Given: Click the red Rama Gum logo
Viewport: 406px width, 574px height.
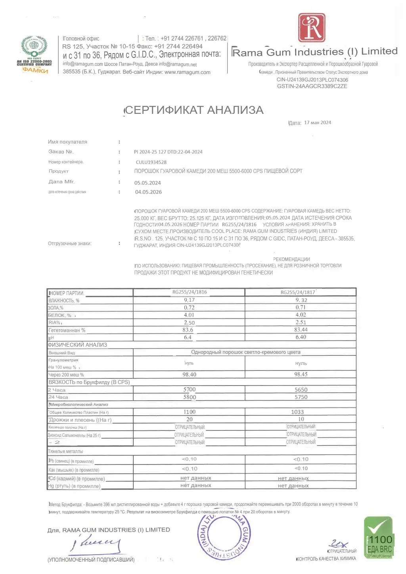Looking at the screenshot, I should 312,28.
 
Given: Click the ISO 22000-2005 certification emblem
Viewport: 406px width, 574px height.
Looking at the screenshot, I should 34,54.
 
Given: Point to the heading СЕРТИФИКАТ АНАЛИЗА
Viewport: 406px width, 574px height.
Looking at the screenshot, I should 194,110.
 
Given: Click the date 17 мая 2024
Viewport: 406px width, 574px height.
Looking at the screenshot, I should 318,123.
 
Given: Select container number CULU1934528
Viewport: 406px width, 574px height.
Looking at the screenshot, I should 151,162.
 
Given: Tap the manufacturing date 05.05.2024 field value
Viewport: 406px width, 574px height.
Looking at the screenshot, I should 147,183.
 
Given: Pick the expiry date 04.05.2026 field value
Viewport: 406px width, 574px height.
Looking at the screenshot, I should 148,192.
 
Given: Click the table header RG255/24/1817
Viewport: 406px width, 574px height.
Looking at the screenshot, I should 298,292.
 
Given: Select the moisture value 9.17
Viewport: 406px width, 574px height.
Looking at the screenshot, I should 189,300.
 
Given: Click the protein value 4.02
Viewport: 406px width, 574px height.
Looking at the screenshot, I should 301,315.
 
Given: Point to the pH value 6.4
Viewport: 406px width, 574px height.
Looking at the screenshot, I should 188,338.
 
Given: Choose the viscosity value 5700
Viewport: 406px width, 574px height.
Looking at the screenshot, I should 190,390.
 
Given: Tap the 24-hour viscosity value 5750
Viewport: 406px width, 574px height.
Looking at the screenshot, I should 301,397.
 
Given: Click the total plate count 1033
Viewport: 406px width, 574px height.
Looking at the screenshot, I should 297,412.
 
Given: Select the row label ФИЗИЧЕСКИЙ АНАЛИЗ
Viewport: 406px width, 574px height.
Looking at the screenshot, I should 77,345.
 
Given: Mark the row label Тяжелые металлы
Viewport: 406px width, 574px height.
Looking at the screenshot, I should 65,451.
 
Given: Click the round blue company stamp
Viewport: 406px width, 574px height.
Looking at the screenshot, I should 224,534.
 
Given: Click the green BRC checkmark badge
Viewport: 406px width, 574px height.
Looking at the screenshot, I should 379,538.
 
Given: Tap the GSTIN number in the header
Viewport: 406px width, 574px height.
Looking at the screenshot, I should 312,86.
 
